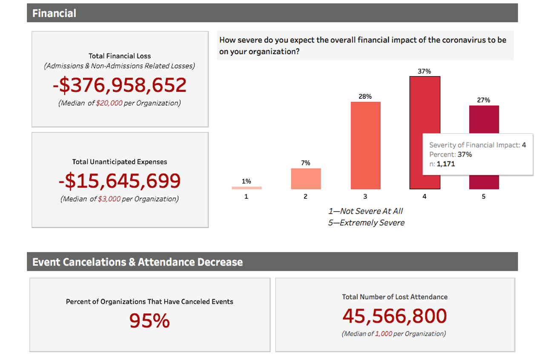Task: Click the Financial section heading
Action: coord(54,13)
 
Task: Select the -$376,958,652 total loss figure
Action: coord(120,85)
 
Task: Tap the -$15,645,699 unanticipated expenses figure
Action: coord(120,181)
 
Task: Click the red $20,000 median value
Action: coord(109,103)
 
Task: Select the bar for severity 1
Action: coord(247,188)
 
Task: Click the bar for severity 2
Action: coord(306,179)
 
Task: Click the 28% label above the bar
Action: coord(365,97)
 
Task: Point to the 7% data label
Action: coord(306,163)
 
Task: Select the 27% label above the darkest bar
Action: coord(484,100)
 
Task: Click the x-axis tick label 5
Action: coord(484,197)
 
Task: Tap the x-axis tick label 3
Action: coord(365,197)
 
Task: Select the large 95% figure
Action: coord(149,321)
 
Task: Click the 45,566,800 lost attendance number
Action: coord(395,316)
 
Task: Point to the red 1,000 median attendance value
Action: coord(384,334)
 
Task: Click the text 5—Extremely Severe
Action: coord(366,223)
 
